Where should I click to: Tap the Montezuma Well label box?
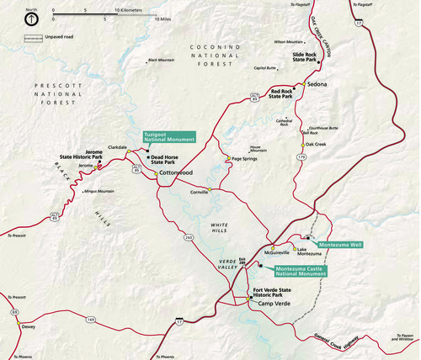click(x=341, y=244)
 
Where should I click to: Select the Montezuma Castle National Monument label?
click(x=299, y=270)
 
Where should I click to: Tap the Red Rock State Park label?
click(x=282, y=93)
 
